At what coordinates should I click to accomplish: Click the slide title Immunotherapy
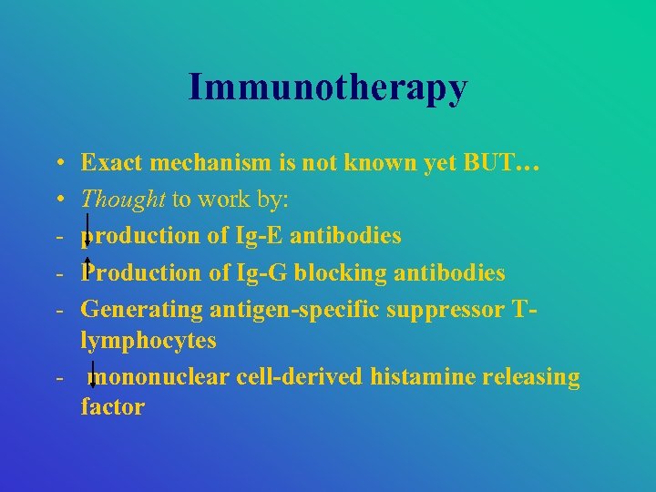click(328, 87)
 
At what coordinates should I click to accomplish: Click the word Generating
click(142, 309)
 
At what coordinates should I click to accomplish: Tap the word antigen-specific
click(294, 309)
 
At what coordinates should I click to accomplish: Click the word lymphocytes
click(149, 340)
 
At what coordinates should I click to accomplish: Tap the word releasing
click(530, 376)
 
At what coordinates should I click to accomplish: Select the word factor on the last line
click(112, 407)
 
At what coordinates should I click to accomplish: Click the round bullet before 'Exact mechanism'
click(56, 164)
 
